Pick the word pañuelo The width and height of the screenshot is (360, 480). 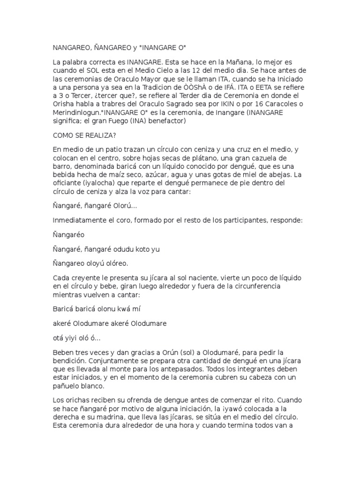[x=67, y=386]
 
